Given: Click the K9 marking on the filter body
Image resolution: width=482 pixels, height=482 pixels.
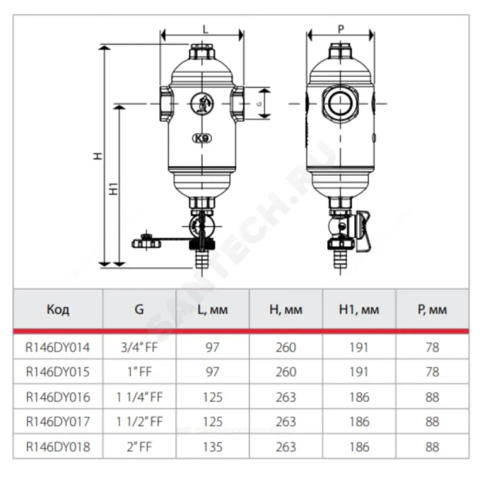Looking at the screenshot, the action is click(x=202, y=139).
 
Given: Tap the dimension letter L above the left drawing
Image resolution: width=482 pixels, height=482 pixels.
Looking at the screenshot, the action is click(x=205, y=30).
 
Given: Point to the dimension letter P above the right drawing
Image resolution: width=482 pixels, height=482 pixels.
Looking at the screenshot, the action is click(x=341, y=29).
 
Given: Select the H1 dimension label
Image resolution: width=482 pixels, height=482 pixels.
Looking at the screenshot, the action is click(x=114, y=189).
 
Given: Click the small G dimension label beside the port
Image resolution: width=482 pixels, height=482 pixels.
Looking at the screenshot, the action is click(x=260, y=104).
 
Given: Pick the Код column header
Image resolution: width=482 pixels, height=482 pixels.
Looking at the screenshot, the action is click(x=58, y=309).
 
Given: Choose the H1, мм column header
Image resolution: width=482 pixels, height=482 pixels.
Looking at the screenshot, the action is click(x=358, y=310).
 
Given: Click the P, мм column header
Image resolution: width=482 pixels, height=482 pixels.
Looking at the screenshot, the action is click(x=432, y=310).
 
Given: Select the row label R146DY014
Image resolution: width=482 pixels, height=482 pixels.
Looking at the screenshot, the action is click(x=57, y=348).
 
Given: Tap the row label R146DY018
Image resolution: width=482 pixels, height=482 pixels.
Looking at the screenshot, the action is click(x=58, y=447).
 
